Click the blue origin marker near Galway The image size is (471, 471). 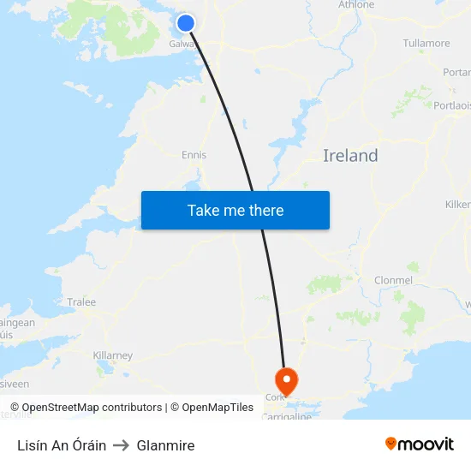[x=186, y=23]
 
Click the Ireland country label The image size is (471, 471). [x=350, y=156]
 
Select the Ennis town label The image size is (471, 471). [x=194, y=155]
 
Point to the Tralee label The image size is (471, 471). [x=81, y=302]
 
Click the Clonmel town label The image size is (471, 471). [x=393, y=281]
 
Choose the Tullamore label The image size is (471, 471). [x=426, y=44]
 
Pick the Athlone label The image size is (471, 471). [x=356, y=5]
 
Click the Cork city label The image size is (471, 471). [x=275, y=397]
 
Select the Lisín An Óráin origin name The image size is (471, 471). [x=62, y=445]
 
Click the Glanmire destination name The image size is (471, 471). [x=165, y=445]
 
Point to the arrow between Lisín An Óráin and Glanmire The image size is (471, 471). [x=121, y=445]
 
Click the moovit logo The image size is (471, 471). [x=420, y=444]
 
